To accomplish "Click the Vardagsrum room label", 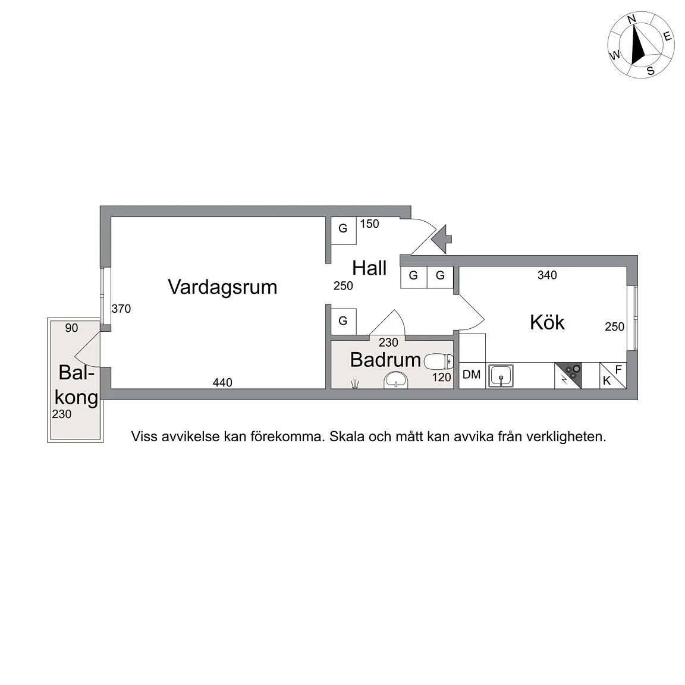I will (x=222, y=287).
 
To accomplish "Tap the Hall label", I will (x=369, y=268).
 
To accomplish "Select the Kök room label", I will (x=547, y=322).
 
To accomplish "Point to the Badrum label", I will (x=385, y=359).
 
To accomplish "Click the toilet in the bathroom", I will (x=439, y=360).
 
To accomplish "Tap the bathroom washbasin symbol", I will (x=396, y=379).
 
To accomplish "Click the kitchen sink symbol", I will (x=501, y=376).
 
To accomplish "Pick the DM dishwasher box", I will (x=472, y=375).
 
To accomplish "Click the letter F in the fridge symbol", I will (x=618, y=370).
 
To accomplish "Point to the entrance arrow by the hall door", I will (x=441, y=239).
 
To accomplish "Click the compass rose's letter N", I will (x=632, y=20).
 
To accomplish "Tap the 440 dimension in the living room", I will (x=222, y=383).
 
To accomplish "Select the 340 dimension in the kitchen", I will (x=547, y=275).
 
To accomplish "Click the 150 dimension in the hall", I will (x=369, y=224).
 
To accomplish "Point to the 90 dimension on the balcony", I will (x=71, y=328).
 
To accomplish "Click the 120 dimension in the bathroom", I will (x=441, y=377).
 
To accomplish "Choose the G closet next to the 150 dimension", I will (x=343, y=228).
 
